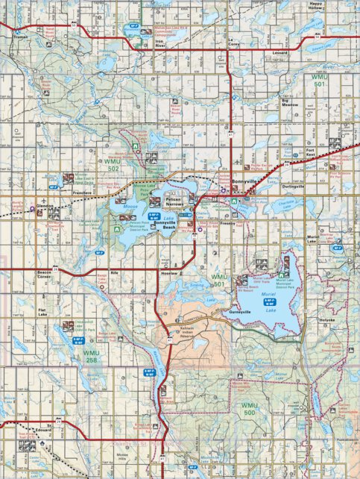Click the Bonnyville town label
244,181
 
